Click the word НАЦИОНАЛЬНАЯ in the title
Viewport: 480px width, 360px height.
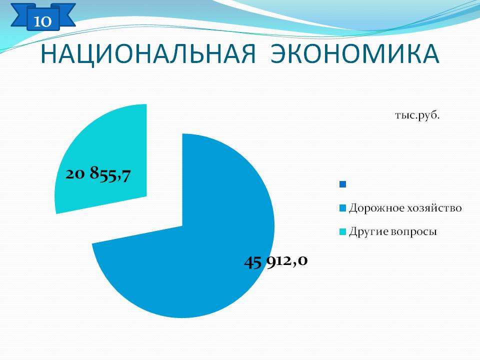tap(148, 54)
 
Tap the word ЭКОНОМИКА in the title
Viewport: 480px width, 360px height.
tap(355, 54)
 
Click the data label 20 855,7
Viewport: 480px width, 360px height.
tap(98, 174)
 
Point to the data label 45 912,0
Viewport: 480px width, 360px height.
tap(276, 261)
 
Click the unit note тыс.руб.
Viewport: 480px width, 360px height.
tap(417, 115)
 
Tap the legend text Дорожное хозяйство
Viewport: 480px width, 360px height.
tap(405, 208)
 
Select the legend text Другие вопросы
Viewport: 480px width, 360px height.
tap(393, 231)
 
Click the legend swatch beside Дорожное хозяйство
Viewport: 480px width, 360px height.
tap(343, 208)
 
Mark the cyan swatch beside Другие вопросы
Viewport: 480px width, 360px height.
tap(343, 231)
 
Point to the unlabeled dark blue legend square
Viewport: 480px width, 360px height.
tap(343, 184)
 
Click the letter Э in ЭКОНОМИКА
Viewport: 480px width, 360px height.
tap(279, 54)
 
